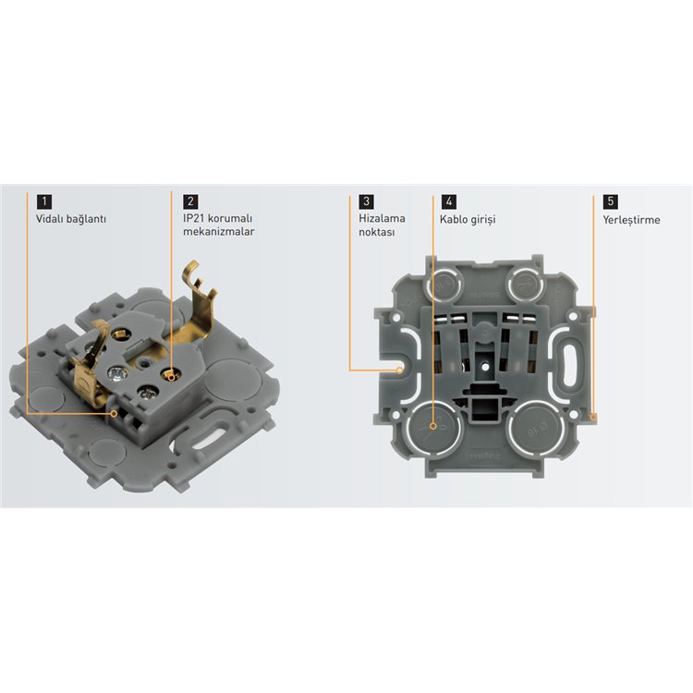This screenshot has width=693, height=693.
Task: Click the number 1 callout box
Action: [44, 201]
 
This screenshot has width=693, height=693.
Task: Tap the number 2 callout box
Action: [190, 201]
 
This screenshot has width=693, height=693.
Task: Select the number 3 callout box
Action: [367, 201]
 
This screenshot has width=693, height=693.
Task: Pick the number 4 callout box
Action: [449, 201]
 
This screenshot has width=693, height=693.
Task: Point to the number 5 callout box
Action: [610, 201]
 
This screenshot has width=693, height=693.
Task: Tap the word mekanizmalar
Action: [218, 232]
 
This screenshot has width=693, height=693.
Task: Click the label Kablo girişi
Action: [468, 220]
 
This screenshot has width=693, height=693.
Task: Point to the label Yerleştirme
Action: [632, 220]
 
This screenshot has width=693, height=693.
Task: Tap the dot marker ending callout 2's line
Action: [172, 373]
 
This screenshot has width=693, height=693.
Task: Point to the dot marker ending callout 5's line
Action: [592, 416]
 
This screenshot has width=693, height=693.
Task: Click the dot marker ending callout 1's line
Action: [114, 413]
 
